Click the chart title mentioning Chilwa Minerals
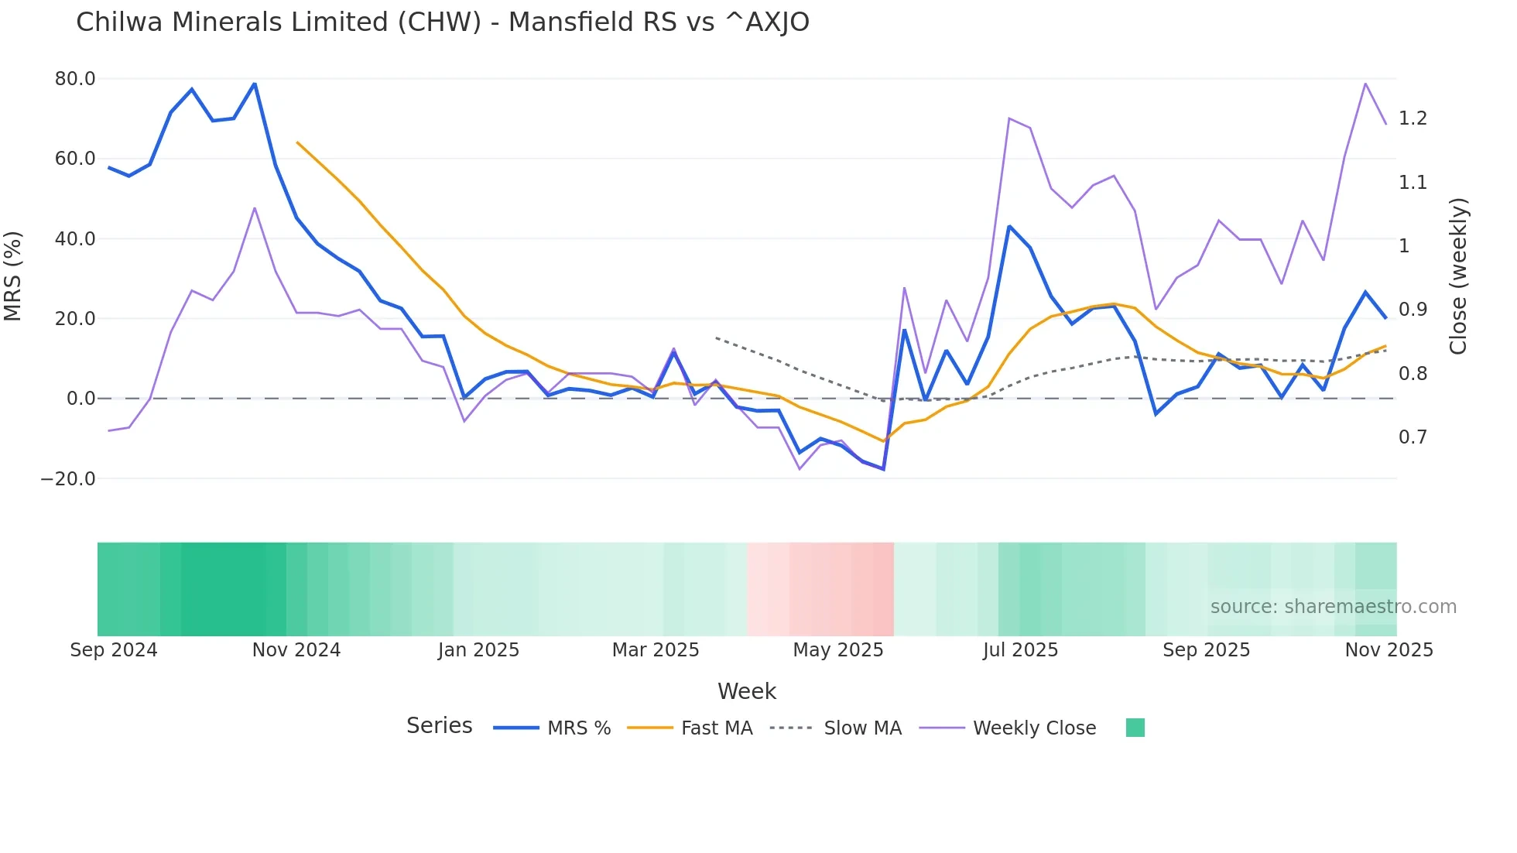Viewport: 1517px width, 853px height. (x=442, y=22)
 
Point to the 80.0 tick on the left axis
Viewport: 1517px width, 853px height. (x=75, y=79)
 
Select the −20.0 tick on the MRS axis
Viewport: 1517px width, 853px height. (x=68, y=479)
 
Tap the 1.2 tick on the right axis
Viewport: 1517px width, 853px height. (x=1413, y=118)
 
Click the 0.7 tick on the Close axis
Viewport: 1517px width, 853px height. (x=1413, y=437)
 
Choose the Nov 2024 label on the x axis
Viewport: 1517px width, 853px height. (x=296, y=650)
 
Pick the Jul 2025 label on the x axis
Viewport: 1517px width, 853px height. (x=1020, y=650)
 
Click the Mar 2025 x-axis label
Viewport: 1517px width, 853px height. (x=656, y=650)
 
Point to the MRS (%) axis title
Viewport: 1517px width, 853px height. (x=13, y=276)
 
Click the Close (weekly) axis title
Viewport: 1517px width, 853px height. (x=1458, y=276)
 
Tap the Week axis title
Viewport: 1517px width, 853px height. (x=746, y=691)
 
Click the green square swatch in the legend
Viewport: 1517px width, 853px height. (x=1135, y=728)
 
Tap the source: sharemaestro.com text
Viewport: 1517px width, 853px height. (x=1333, y=607)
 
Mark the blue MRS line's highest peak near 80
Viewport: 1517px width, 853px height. (x=255, y=84)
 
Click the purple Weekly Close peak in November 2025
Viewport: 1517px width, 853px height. (x=1365, y=84)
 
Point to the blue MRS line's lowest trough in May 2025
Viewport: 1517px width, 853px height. (x=883, y=469)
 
